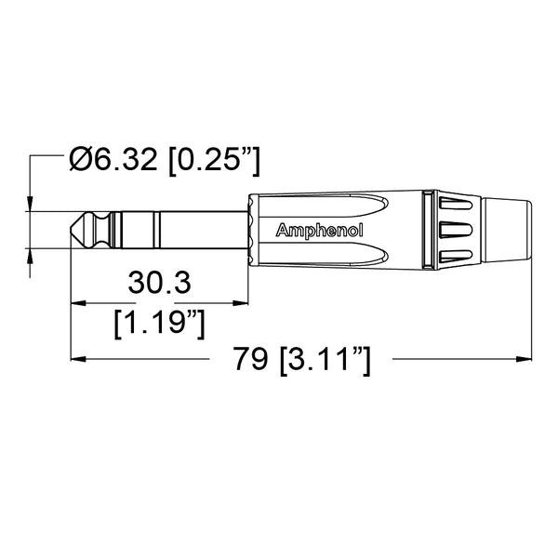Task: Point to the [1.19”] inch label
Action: point(158,323)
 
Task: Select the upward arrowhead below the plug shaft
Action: point(32,255)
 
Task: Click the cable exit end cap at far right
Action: point(507,230)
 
